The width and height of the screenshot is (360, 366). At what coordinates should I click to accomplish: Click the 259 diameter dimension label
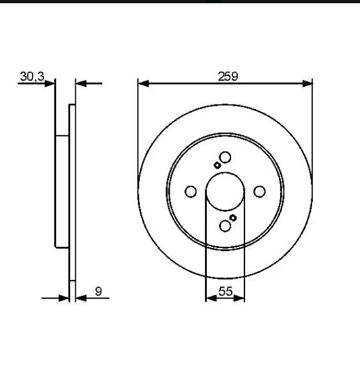(228, 77)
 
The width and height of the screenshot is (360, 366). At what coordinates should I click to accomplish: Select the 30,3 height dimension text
(32, 77)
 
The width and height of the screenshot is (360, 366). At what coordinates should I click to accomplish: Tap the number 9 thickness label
(98, 291)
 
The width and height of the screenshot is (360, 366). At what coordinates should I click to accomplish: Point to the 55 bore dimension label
(225, 291)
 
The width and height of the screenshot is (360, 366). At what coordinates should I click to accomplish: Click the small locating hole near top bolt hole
(217, 165)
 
